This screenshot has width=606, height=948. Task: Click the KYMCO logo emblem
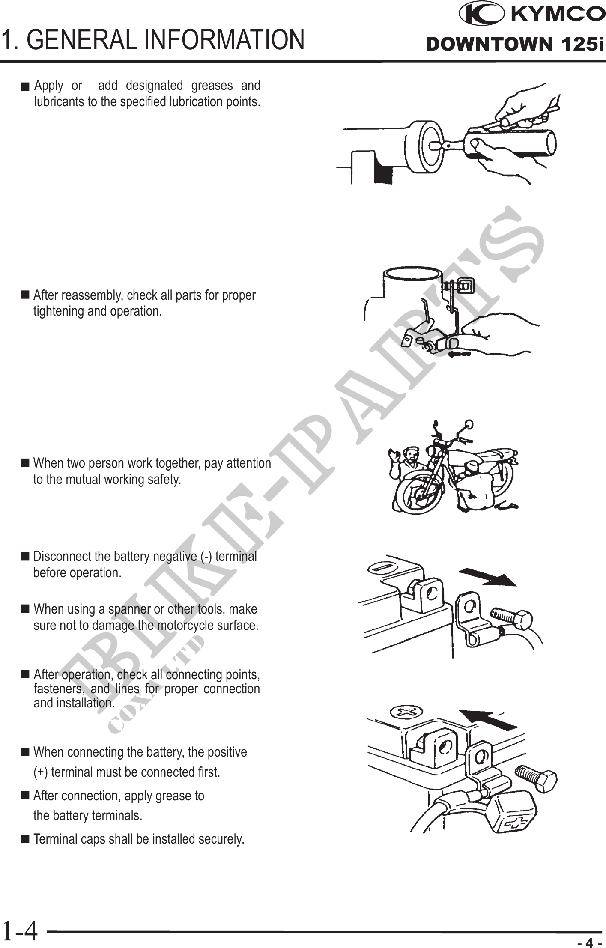click(481, 14)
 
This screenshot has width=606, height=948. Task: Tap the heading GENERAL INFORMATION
click(168, 39)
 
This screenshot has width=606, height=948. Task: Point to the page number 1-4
click(20, 931)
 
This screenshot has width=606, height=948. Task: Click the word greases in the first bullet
click(212, 86)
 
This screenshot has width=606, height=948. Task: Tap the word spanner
click(129, 609)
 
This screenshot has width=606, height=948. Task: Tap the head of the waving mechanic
click(411, 453)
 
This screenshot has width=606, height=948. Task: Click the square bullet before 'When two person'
click(25, 463)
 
